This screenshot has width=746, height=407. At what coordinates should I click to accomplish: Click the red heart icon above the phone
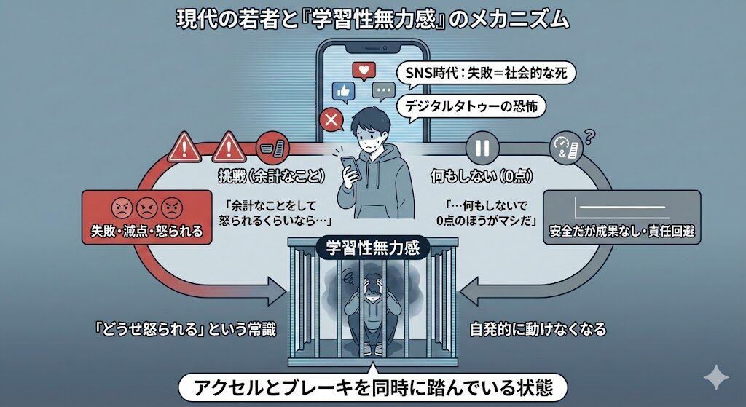362,71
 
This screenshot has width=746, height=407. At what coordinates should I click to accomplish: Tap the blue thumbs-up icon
342,91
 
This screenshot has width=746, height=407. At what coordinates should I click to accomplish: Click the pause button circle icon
482,149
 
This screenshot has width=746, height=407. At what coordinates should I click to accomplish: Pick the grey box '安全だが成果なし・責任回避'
621,217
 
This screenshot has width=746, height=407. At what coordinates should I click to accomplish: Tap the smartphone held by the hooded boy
349,169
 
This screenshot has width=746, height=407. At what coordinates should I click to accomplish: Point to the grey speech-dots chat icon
382,92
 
